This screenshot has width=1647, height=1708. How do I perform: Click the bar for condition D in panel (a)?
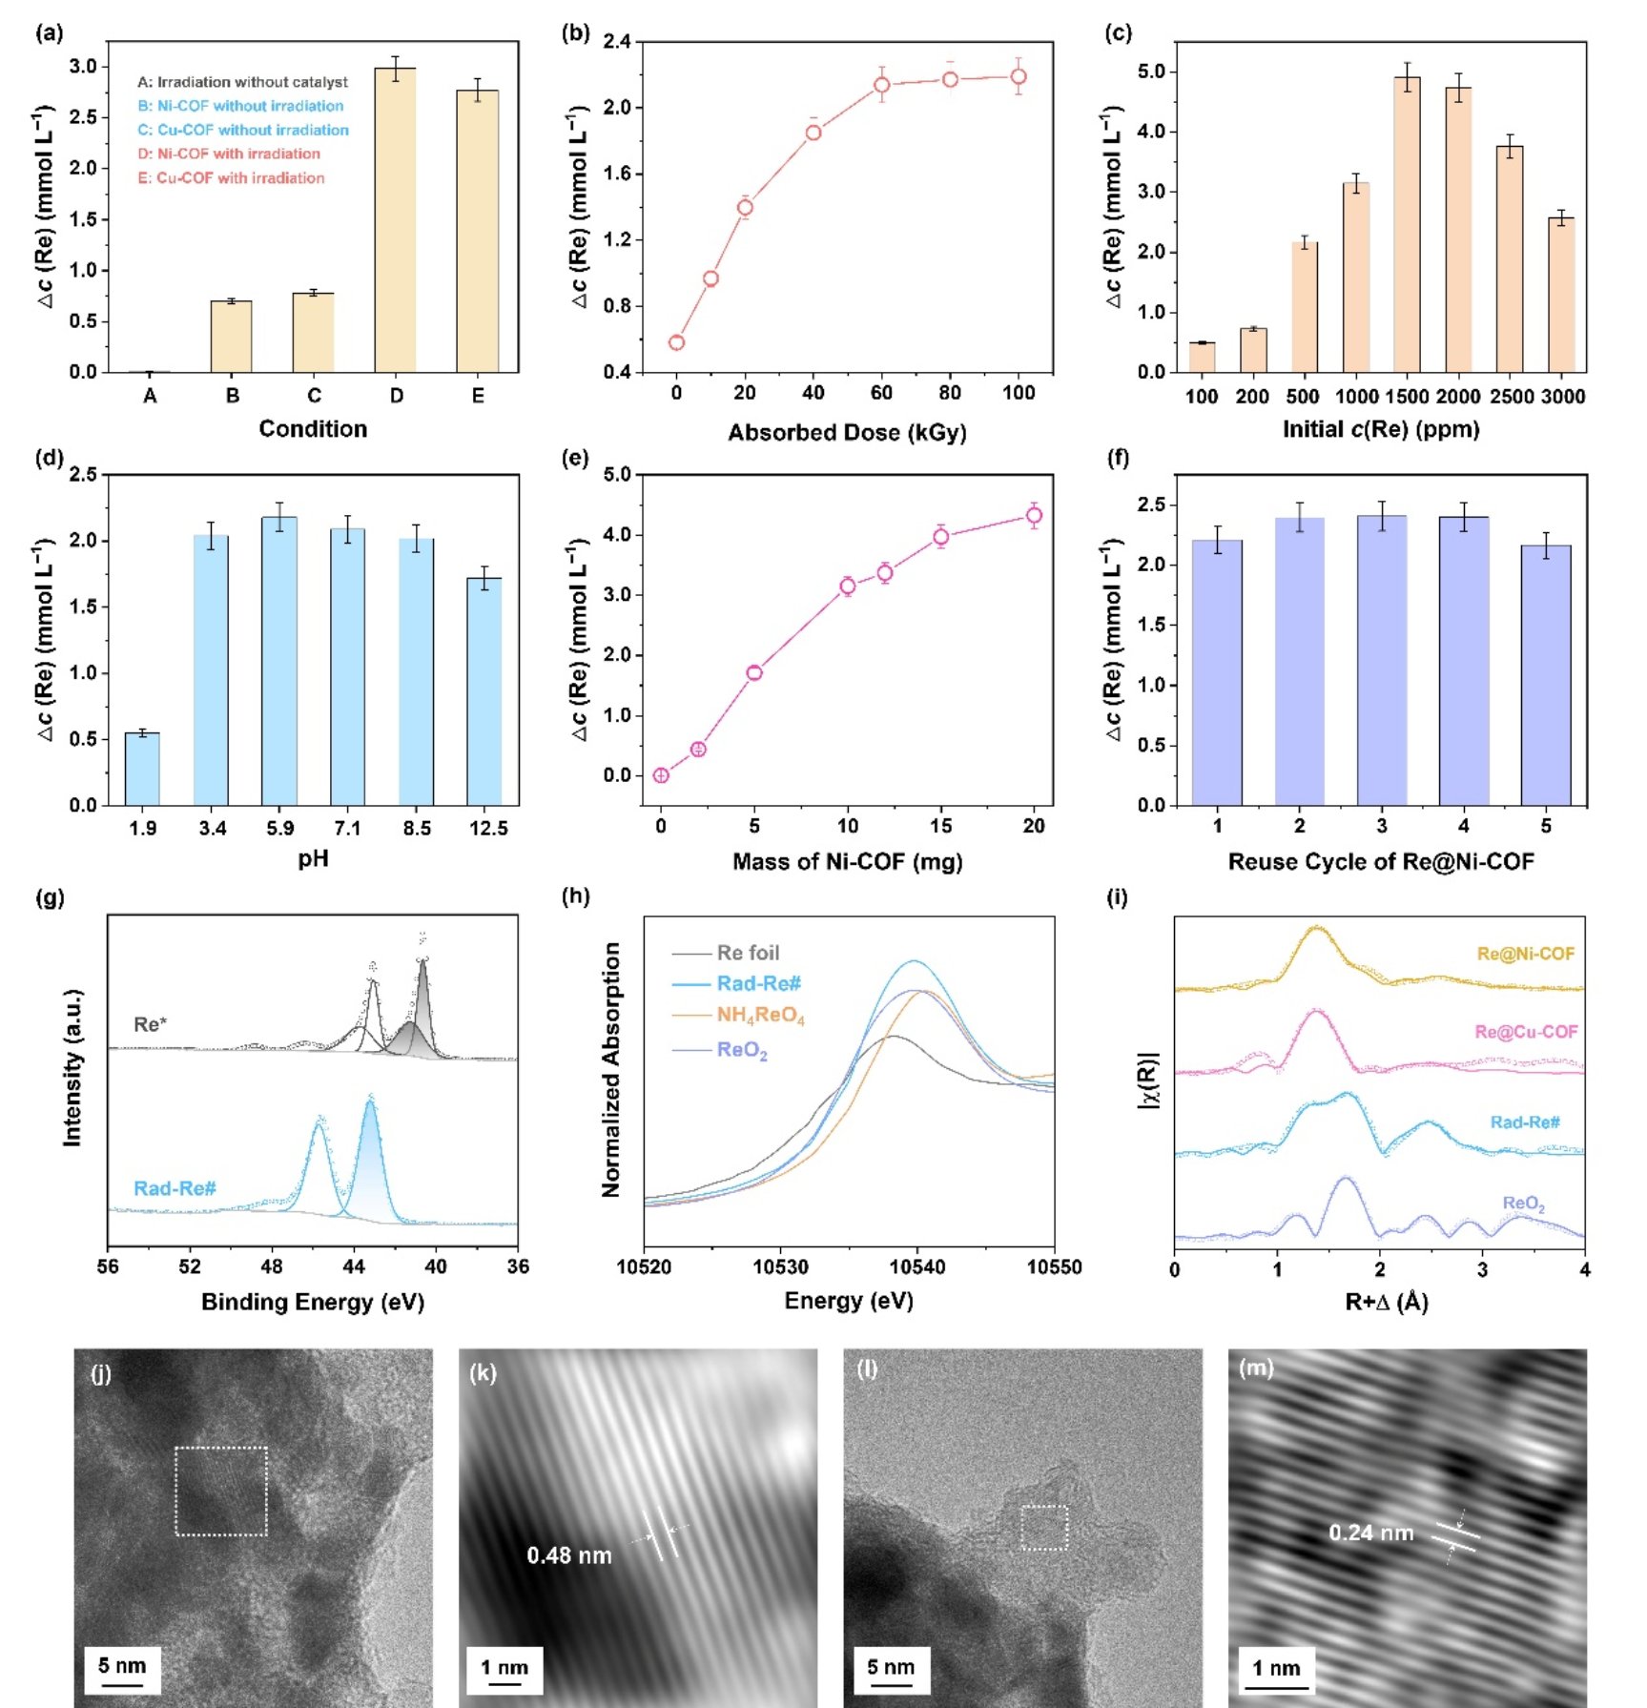pyautogui.click(x=395, y=219)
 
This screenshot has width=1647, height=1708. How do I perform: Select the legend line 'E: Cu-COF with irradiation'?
pyautogui.click(x=231, y=178)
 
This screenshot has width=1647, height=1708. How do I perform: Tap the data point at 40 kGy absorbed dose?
pyautogui.click(x=813, y=133)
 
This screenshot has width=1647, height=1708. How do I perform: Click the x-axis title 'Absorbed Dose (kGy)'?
pyautogui.click(x=847, y=433)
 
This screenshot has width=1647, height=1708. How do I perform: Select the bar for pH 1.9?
pyautogui.click(x=142, y=769)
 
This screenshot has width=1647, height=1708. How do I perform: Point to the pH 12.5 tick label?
pyautogui.click(x=488, y=829)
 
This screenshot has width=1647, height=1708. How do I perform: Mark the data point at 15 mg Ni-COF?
pyautogui.click(x=940, y=537)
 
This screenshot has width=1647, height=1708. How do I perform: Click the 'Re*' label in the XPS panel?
pyautogui.click(x=150, y=1025)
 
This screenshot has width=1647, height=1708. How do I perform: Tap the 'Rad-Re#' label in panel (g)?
pyautogui.click(x=175, y=1188)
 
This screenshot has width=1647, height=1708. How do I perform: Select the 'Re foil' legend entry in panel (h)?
pyautogui.click(x=748, y=953)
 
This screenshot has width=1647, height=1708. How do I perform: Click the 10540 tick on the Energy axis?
pyautogui.click(x=916, y=1267)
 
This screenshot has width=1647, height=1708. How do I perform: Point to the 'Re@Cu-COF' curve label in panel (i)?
pyautogui.click(x=1525, y=1032)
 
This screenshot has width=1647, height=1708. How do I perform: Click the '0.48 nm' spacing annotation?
pyautogui.click(x=569, y=1555)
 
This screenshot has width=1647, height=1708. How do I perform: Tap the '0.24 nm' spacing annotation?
pyautogui.click(x=1370, y=1533)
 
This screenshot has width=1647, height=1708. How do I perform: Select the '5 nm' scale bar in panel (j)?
pyautogui.click(x=122, y=1666)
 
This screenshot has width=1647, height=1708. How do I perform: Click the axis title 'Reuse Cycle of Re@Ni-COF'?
pyautogui.click(x=1380, y=862)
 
